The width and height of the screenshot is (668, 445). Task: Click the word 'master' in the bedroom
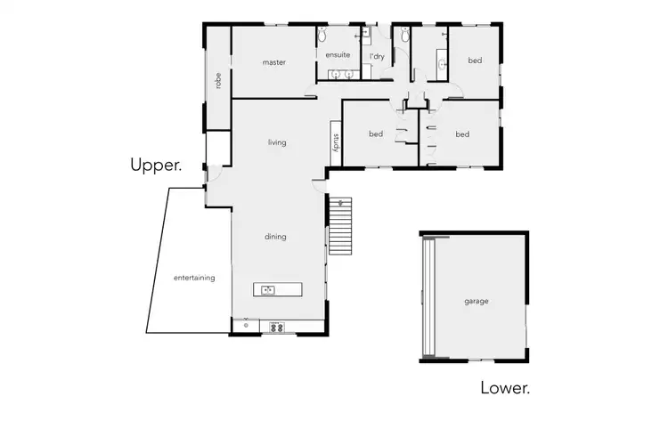point(273,62)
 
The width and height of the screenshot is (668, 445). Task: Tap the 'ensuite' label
point(337,55)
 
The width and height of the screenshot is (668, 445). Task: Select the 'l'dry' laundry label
point(377,56)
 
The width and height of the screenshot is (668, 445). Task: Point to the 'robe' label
point(217,80)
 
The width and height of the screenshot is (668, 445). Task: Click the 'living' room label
point(276,142)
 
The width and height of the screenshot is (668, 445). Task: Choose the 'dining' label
point(275,236)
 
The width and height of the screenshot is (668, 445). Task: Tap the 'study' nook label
point(336,142)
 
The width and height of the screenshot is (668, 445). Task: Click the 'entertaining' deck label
point(194,278)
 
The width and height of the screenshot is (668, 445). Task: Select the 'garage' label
point(476,301)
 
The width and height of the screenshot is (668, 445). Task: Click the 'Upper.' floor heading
point(156,165)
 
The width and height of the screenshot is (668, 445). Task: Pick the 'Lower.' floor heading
point(505,388)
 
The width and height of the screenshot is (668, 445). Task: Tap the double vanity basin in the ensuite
point(340,75)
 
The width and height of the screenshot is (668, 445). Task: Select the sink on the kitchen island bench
point(269,289)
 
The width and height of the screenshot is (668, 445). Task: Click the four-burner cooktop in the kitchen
point(277,327)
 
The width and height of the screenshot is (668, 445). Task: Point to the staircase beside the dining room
point(341,226)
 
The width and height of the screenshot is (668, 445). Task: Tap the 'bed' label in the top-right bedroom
point(475,61)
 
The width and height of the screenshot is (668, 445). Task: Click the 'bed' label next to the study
point(376,134)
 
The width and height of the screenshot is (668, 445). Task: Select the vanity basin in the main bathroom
point(442,64)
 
